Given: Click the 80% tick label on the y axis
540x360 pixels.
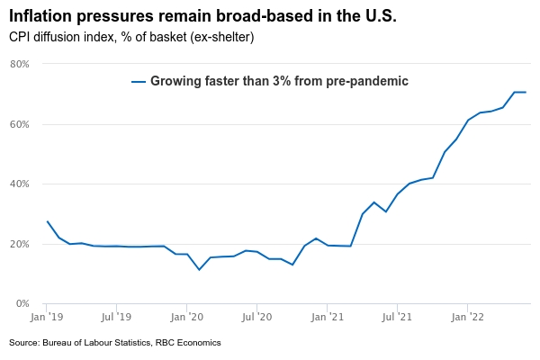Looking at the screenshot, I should click(20, 65).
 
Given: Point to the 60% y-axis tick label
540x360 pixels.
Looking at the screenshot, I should click(20, 124).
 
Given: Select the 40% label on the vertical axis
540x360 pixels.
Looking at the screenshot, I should click(20, 184).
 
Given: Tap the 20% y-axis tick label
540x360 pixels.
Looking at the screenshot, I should click(20, 244).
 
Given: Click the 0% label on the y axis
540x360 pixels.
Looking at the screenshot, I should click(22, 304).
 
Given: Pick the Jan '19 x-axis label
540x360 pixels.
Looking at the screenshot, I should click(46, 318).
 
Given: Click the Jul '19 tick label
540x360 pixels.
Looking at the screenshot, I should click(116, 318).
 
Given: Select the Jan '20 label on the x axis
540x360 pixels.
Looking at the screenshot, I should click(186, 318).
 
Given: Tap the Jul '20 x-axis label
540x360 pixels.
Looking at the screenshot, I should click(256, 318).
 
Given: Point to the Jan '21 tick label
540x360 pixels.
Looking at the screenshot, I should click(327, 318).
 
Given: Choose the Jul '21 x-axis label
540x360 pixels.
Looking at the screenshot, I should click(397, 318).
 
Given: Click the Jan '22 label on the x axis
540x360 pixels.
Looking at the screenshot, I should click(467, 318).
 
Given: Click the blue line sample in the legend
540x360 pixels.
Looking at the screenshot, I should click(138, 82).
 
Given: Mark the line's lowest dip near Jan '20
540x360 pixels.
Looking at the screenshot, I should click(200, 269).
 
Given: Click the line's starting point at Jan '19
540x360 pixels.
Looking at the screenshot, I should click(47, 221).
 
